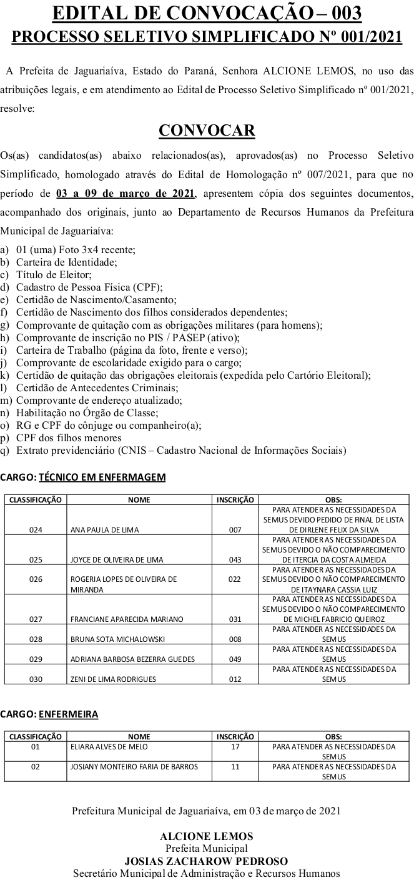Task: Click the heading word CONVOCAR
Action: pos(207,130)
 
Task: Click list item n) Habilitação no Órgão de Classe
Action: pos(87,412)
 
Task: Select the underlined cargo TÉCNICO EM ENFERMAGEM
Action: pos(102,477)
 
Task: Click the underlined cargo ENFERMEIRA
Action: pos(68,714)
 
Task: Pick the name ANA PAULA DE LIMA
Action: pos(105,529)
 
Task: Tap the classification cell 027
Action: pos(36,619)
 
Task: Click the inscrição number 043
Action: pos(235,559)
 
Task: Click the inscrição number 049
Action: pos(235,659)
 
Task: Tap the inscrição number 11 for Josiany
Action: pos(235,766)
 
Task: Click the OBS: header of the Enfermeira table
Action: pos(333,736)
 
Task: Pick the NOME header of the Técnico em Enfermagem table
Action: pos(139,499)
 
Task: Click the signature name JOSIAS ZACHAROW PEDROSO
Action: pos(206,861)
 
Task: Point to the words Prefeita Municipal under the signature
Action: pos(206,848)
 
